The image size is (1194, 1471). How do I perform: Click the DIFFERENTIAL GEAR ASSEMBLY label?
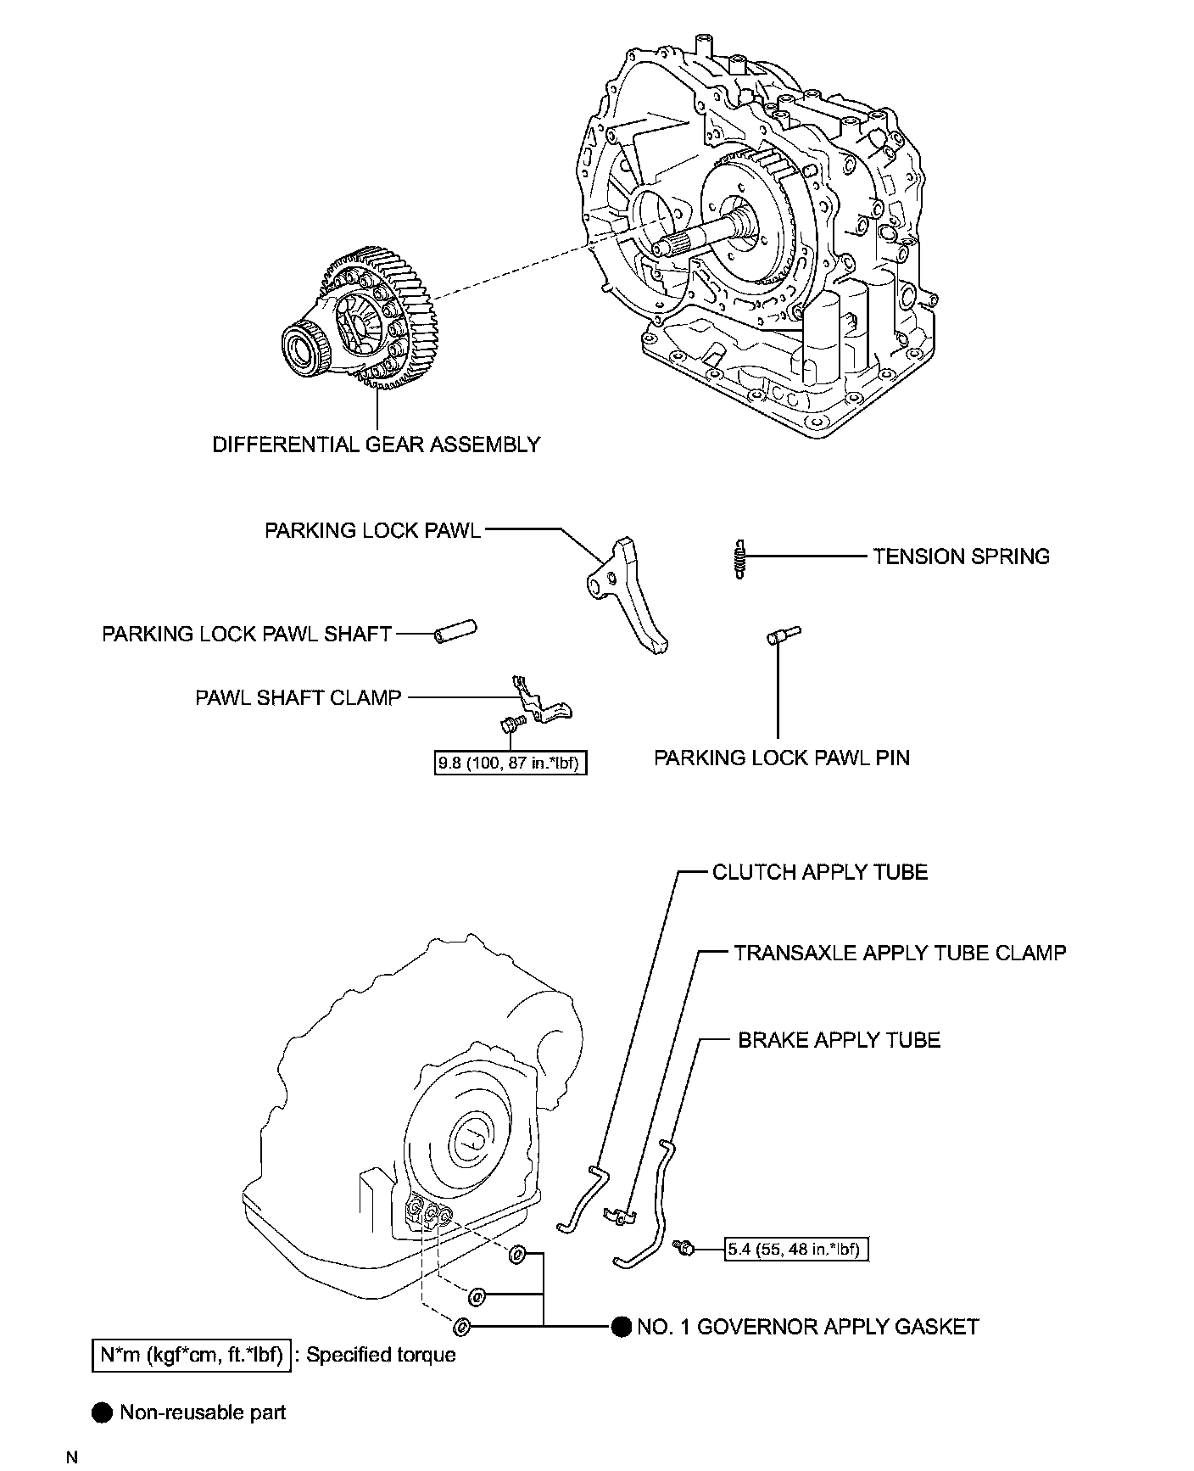point(376,445)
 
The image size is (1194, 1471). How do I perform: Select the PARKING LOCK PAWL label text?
point(372,530)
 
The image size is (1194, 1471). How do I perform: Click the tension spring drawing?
point(740,559)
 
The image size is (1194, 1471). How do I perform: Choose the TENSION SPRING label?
point(961,557)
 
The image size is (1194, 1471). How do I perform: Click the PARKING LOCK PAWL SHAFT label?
point(247,634)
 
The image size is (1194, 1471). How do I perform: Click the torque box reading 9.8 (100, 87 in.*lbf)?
point(511,763)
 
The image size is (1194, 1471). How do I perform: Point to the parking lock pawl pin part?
point(783,635)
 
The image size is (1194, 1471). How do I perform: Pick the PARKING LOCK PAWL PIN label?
point(781,758)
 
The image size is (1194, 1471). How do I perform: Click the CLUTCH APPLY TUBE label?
point(819,872)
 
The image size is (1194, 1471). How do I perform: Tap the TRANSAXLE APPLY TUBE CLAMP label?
point(900,953)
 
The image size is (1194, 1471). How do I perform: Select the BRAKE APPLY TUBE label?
point(839,1040)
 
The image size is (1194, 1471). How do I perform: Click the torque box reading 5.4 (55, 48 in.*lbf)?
point(796,1249)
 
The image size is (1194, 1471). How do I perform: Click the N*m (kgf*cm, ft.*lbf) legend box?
point(191,1355)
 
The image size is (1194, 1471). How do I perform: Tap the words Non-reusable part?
point(203,1412)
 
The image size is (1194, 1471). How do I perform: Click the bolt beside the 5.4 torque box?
point(683,1246)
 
